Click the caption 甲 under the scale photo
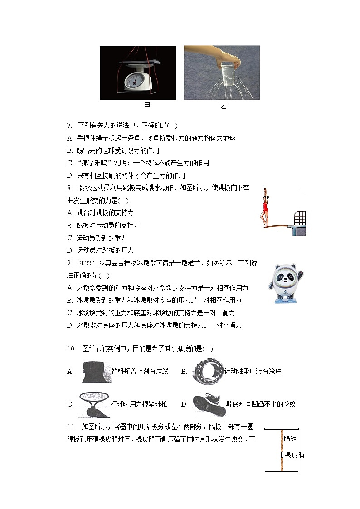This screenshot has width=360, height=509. [147, 106]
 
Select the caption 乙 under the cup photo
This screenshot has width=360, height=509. [223, 106]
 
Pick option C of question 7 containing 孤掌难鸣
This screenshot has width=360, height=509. [138, 163]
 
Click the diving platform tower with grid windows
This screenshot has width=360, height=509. [299, 222]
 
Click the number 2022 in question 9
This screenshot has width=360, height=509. [88, 263]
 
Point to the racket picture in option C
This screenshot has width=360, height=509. [93, 403]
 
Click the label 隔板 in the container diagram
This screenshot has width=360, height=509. [291, 438]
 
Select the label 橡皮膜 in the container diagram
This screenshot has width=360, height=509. [294, 455]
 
